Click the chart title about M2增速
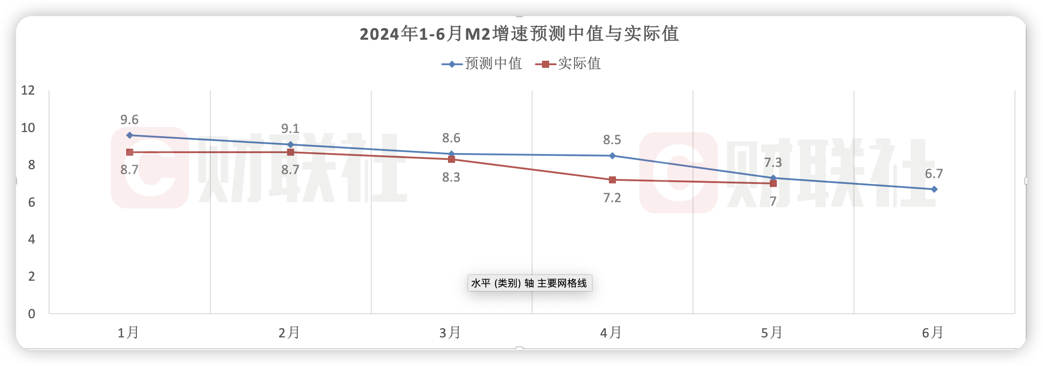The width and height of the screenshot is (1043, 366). [519, 34]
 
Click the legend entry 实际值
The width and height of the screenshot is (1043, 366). [569, 64]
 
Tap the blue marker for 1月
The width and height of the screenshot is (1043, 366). [130, 135]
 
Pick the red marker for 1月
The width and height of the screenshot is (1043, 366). [130, 152]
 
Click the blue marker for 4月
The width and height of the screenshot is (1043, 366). [612, 156]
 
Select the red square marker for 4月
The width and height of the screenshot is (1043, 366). [612, 180]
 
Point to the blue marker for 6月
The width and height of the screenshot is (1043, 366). [934, 189]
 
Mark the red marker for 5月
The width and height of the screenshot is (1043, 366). [773, 183]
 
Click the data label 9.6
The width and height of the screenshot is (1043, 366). [129, 120]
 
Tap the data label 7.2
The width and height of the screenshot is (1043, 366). [612, 198]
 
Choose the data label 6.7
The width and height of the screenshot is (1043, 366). [934, 174]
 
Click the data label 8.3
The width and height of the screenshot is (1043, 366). [451, 177]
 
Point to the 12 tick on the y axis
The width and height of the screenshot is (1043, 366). [28, 91]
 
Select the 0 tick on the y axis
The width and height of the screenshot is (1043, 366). [32, 314]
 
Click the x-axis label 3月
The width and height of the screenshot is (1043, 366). [450, 333]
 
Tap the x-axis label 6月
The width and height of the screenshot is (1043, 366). [932, 333]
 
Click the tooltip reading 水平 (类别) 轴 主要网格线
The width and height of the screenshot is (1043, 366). [530, 283]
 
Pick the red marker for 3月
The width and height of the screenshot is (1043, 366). [452, 159]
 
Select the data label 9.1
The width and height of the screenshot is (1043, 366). [290, 129]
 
